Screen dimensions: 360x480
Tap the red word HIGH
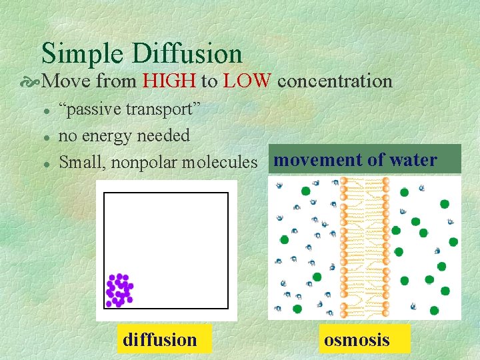(x=169, y=81)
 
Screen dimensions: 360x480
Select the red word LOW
(x=247, y=81)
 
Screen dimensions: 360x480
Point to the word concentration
(x=335, y=81)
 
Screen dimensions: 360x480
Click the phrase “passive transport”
(x=130, y=109)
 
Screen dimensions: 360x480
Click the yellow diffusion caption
(x=160, y=340)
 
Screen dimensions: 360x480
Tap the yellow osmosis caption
(x=356, y=340)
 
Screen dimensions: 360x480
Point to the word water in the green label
(x=413, y=160)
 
